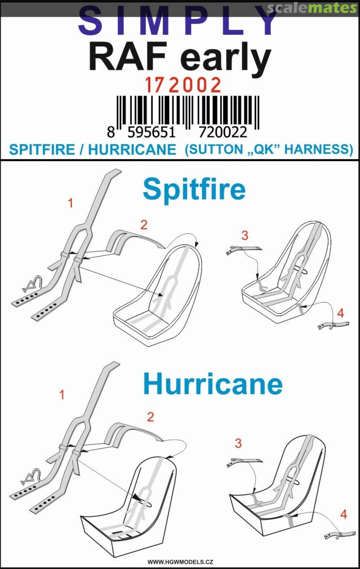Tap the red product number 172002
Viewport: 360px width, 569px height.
(183, 86)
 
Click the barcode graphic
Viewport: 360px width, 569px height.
(187, 113)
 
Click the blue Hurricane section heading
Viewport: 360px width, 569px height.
(212, 384)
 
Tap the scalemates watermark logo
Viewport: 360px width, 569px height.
(312, 8)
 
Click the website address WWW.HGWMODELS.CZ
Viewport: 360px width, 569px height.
(180, 562)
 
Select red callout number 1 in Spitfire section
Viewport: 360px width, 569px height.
(71, 203)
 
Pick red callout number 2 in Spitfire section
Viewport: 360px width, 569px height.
(144, 225)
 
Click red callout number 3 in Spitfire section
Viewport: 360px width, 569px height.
(245, 235)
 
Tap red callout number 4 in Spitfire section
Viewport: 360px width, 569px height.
(340, 313)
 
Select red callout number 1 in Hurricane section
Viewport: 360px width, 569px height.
(62, 395)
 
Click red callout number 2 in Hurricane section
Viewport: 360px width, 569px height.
(150, 417)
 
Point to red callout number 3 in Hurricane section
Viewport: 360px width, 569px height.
(238, 443)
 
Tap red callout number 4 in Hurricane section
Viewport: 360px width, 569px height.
(343, 514)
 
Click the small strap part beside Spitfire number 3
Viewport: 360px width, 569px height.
(243, 250)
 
